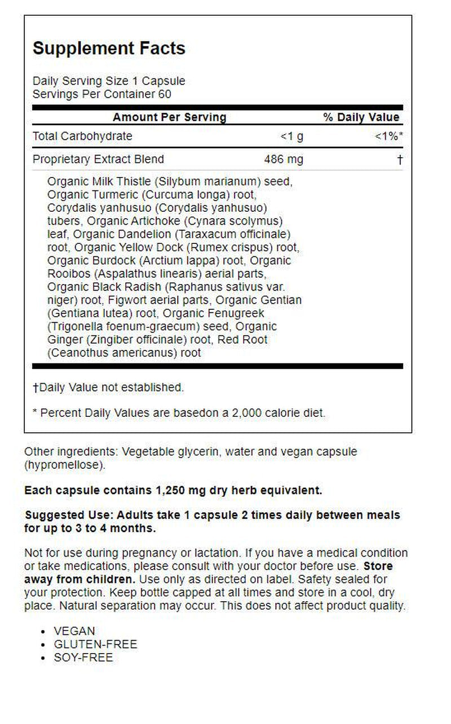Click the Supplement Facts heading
click(109, 48)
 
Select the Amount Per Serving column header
click(169, 117)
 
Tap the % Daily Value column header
click(361, 117)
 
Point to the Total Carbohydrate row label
click(82, 136)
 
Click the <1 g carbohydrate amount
click(291, 136)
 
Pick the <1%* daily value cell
click(389, 136)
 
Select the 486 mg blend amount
click(284, 159)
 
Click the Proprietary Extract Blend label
click(98, 159)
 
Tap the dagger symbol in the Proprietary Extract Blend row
click(400, 160)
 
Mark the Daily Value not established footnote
click(108, 388)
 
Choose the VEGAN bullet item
click(74, 631)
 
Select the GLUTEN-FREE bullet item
click(95, 644)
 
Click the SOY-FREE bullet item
click(83, 658)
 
